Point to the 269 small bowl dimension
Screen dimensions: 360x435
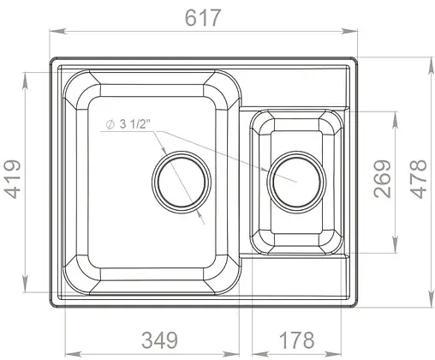(383, 179)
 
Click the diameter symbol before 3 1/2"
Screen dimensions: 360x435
(110, 125)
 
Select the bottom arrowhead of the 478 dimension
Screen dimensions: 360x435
(428, 302)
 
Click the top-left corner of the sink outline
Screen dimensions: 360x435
(53, 60)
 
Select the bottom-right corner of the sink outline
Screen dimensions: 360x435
(357, 305)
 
